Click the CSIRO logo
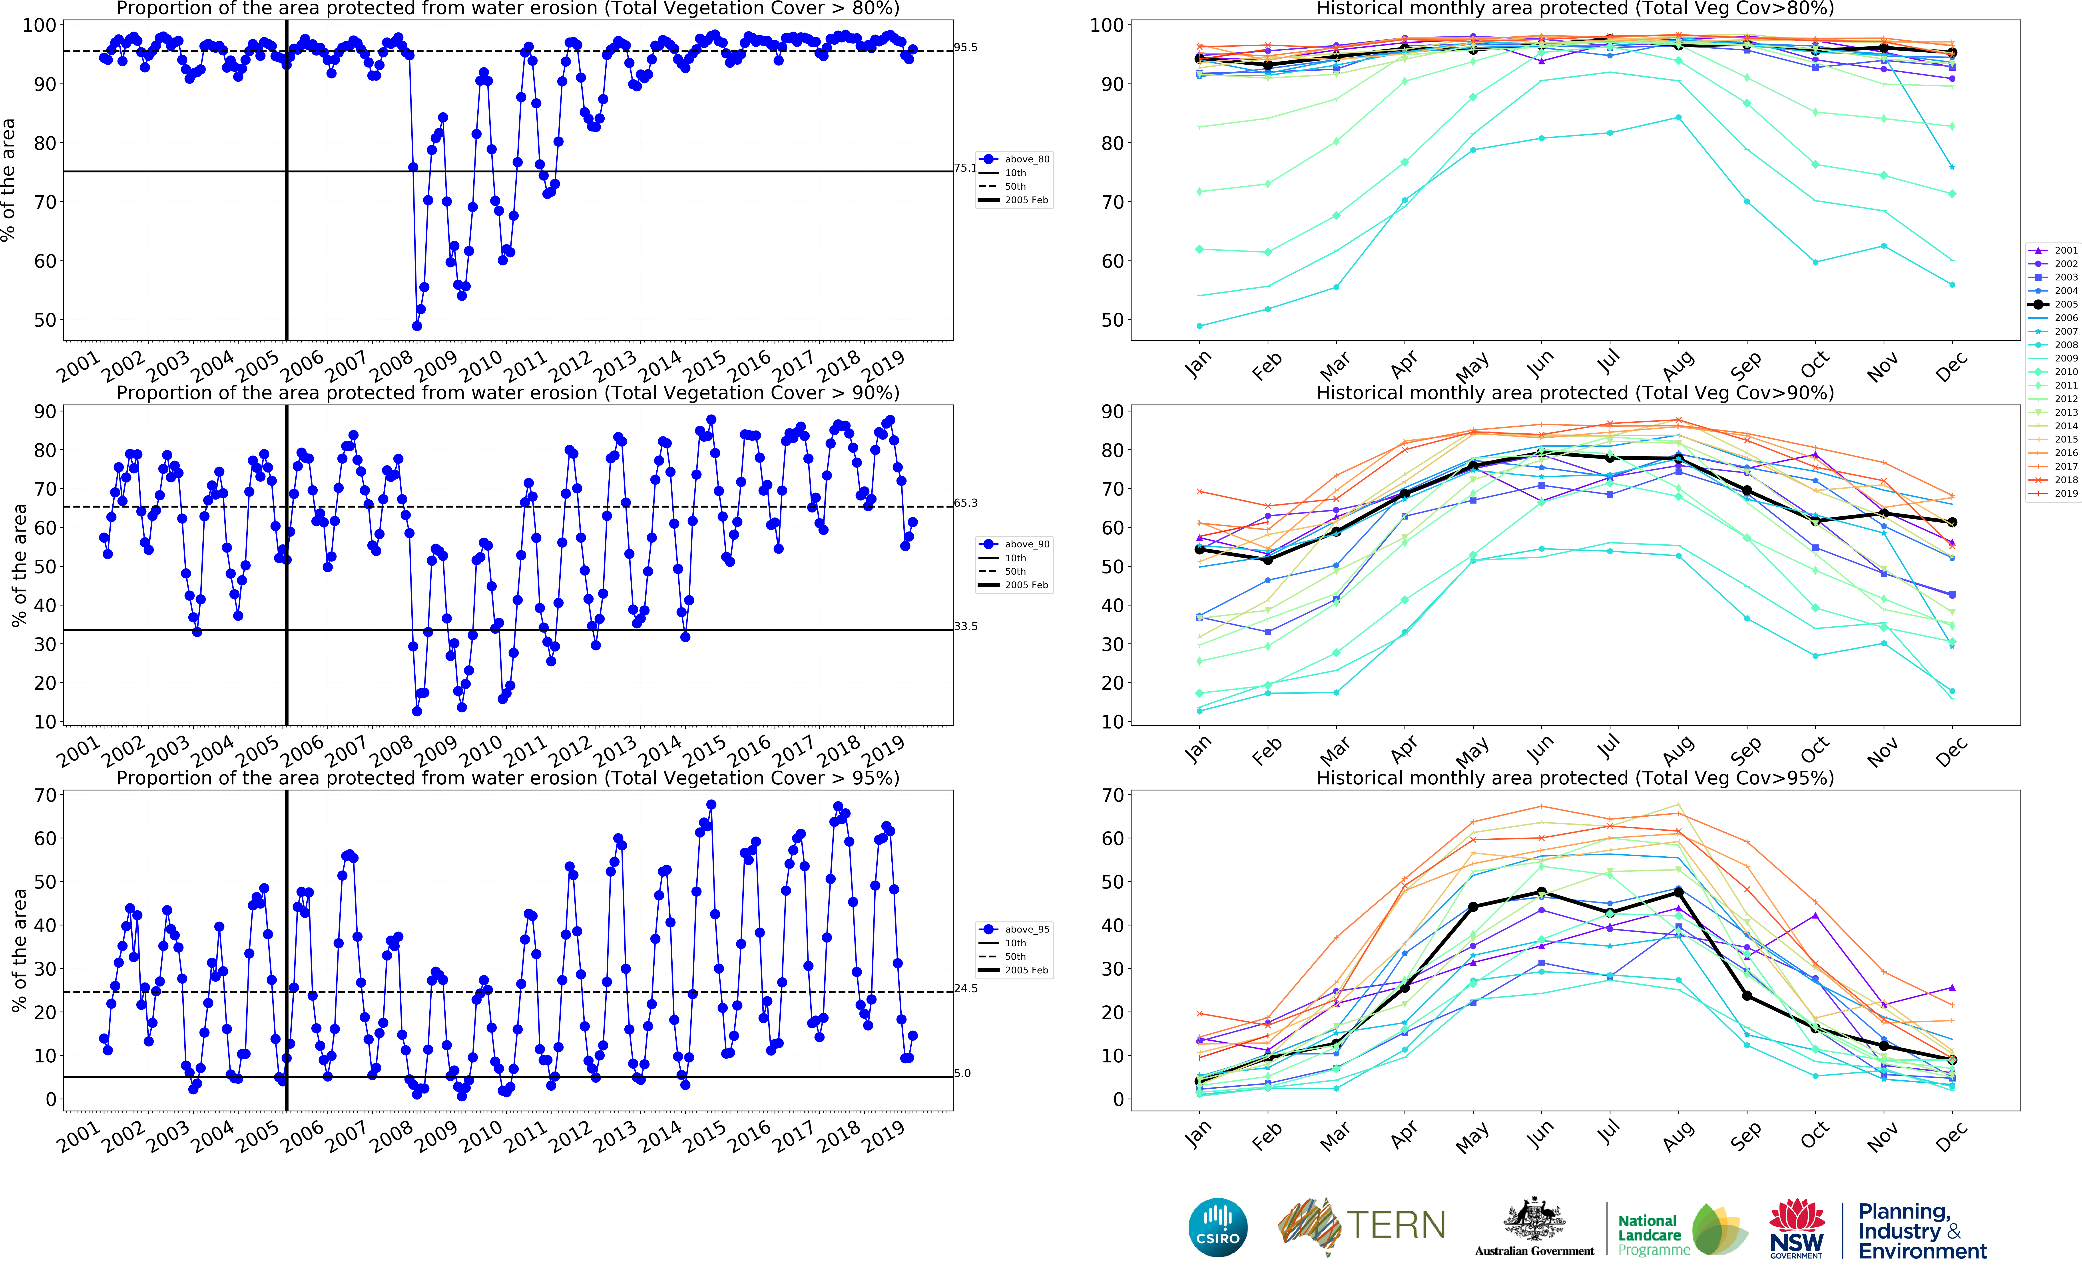click(x=1218, y=1227)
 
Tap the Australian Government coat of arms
click(x=1534, y=1219)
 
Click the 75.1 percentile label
click(x=965, y=168)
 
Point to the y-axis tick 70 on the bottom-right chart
click(x=1111, y=795)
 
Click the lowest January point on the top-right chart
click(x=1199, y=325)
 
